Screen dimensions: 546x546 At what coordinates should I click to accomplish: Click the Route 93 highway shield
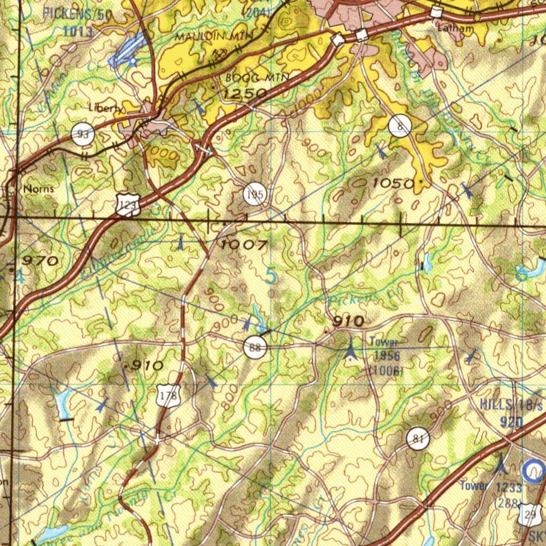pos(83,134)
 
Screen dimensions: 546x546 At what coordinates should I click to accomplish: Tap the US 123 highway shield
pos(128,205)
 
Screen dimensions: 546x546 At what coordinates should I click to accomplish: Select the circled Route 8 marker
pos(400,126)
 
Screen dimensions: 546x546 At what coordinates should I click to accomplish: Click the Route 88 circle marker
pos(255,348)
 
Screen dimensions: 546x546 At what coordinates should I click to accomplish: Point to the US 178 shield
pos(169,397)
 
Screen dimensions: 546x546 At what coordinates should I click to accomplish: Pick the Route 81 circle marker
pos(417,439)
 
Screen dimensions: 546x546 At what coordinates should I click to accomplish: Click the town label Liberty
pos(105,108)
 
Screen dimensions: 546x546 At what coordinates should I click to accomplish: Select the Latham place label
pos(454,29)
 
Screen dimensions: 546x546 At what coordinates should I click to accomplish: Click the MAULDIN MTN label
pos(215,36)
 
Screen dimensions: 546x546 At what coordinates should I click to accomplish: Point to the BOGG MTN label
pos(257,78)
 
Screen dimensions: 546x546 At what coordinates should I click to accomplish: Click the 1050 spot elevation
pos(392,183)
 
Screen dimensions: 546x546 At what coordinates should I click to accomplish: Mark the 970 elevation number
pos(40,261)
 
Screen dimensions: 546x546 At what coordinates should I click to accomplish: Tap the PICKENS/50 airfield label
pos(77,14)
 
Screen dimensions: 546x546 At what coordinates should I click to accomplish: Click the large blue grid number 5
pos(271,276)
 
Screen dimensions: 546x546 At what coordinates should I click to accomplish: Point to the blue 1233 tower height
pos(508,486)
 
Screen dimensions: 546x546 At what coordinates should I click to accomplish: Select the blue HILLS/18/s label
pos(511,405)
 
